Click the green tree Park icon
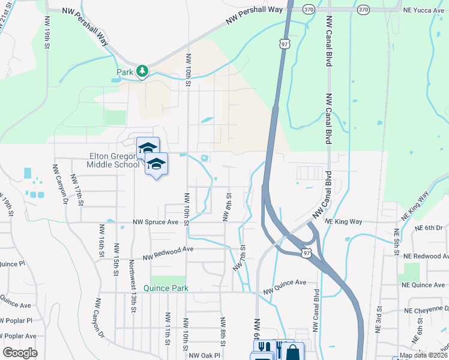point(142,72)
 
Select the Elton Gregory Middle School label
point(112,160)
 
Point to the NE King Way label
point(344,221)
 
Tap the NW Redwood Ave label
point(168,253)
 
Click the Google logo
point(19,353)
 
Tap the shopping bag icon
point(292,352)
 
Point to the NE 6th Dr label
point(428,227)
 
